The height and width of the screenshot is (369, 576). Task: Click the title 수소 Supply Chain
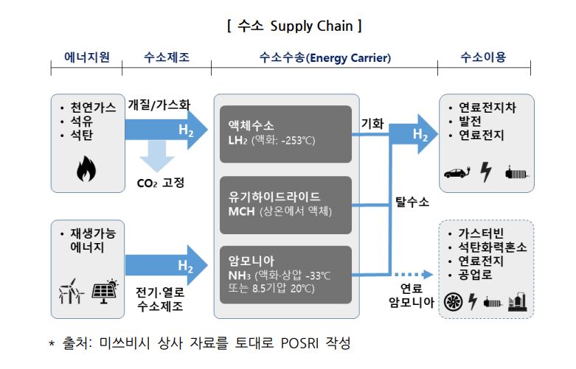point(294,27)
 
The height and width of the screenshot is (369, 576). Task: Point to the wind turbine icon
point(72,292)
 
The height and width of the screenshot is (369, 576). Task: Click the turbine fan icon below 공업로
point(455,301)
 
